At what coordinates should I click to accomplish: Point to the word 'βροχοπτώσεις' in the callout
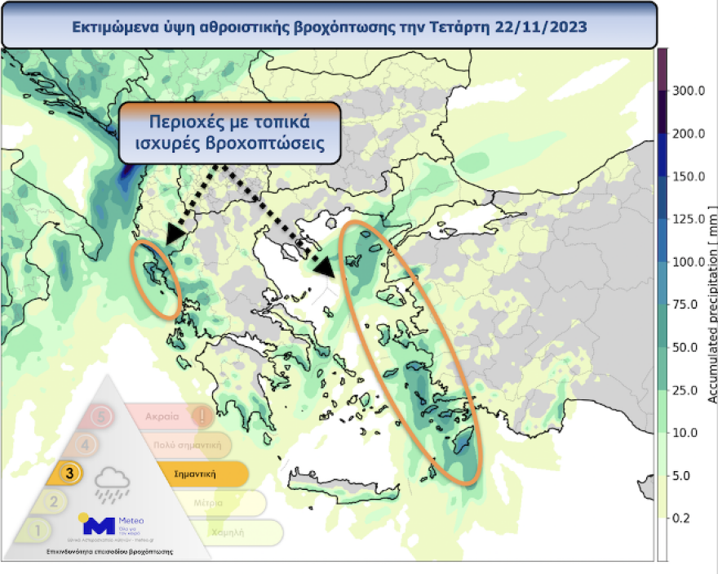pos(260,146)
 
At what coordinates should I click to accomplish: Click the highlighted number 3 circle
pos(71,473)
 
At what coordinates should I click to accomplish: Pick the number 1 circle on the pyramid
pos(35,530)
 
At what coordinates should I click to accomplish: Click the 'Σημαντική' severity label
pos(195,474)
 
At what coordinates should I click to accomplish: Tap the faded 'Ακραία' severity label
pos(162,416)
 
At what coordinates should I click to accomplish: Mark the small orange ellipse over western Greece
pos(156,280)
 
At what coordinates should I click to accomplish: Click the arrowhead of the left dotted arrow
pos(173,236)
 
